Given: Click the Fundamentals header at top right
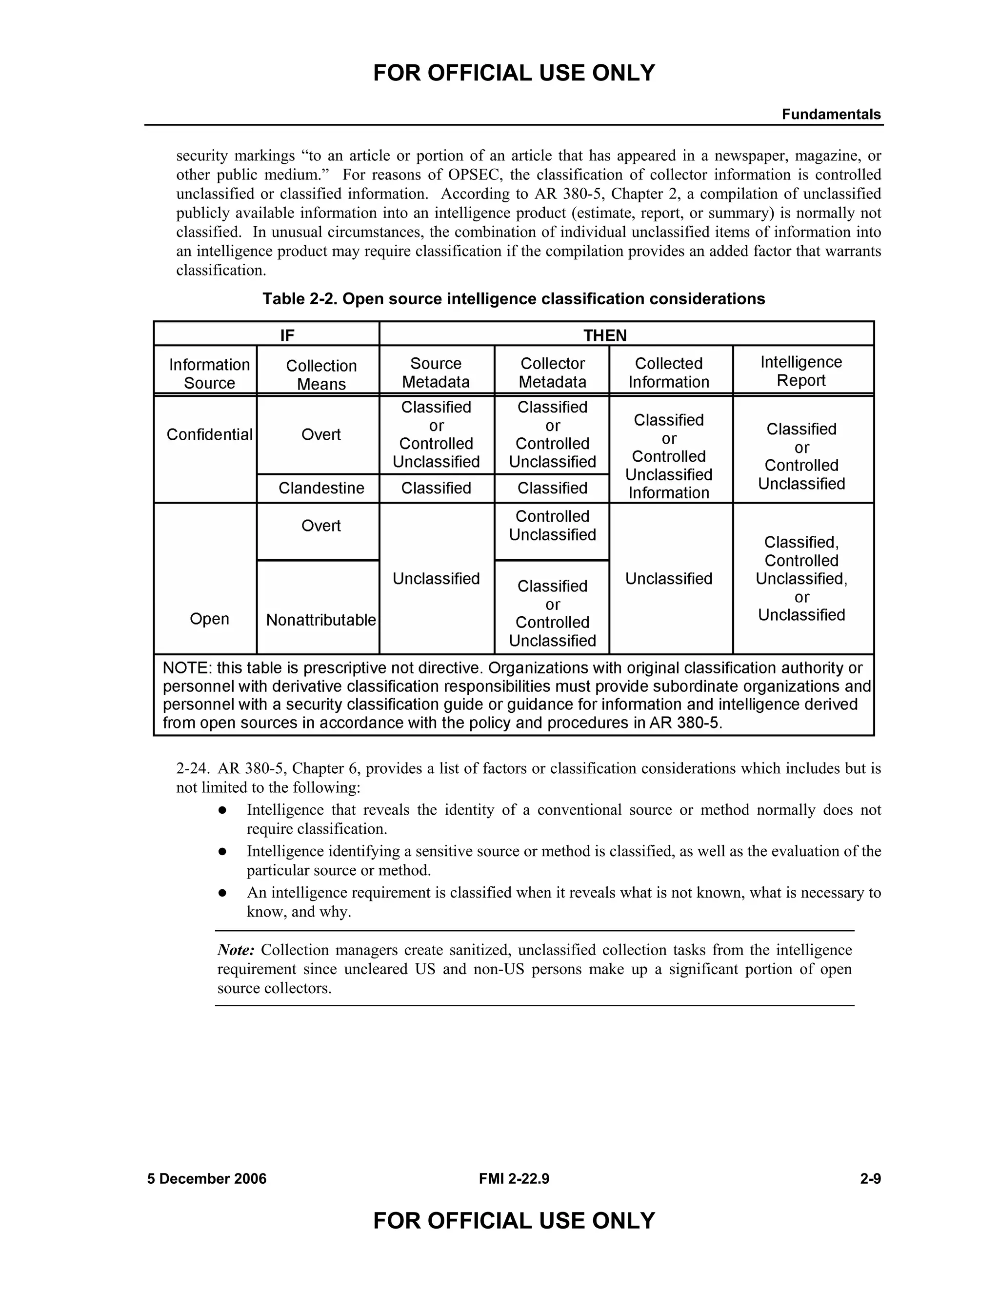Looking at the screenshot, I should (x=830, y=114).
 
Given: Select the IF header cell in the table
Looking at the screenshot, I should (x=286, y=335).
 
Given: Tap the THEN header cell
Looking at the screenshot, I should (x=604, y=335).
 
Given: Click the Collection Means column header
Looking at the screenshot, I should (x=321, y=374).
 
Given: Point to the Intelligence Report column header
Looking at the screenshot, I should (x=801, y=371).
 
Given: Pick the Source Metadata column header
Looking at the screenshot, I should (x=436, y=372).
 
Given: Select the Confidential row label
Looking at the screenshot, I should (x=209, y=435).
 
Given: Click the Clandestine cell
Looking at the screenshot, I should (x=321, y=488).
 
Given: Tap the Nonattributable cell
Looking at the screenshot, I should (x=321, y=619).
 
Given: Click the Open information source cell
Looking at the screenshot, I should (x=209, y=618).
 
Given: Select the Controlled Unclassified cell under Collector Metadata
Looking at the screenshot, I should (x=552, y=525).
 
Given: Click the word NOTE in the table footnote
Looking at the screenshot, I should (x=186, y=668).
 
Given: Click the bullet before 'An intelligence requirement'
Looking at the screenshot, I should (x=222, y=892).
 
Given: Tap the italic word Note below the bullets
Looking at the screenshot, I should (x=236, y=950).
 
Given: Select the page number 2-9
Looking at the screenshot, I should (x=870, y=1178).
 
